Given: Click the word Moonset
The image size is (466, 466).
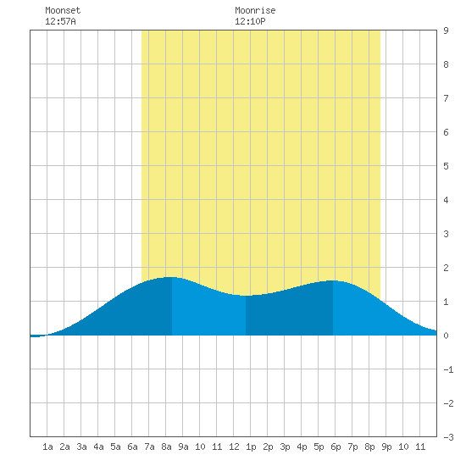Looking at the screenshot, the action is coord(63,10).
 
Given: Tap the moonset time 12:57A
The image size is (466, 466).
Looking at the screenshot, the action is coord(60,21).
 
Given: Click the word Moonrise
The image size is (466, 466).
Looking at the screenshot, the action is coord(255,10).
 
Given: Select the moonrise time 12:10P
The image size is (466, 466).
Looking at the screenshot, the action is coord(250,21).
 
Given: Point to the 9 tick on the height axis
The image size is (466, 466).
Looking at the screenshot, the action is coord(446,31).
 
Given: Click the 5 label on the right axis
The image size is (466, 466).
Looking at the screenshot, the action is coord(446,166).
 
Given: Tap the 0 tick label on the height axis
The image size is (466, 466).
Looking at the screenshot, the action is coord(446,336).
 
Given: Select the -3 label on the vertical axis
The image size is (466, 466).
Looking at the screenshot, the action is coord(448,437).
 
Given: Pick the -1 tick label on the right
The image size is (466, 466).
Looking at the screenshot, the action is coord(448,369).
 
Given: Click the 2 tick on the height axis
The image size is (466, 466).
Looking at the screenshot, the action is coord(446,268).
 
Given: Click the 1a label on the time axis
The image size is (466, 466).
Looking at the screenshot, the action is coord(47,447).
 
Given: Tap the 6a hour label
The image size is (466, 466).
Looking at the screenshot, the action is coord(132,447).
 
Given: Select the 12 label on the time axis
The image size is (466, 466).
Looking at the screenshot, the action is coord(234,447).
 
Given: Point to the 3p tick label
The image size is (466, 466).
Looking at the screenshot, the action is coord(285,447).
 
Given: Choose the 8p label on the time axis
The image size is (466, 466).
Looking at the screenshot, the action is coord(369,447).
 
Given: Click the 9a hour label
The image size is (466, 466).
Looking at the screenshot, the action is coord(183,447).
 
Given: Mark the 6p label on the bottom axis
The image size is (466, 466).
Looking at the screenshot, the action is coord(336,447).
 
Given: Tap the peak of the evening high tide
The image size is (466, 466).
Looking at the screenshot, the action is coord(333,280).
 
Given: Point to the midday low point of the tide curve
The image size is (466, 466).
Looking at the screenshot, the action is coord(246,296).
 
